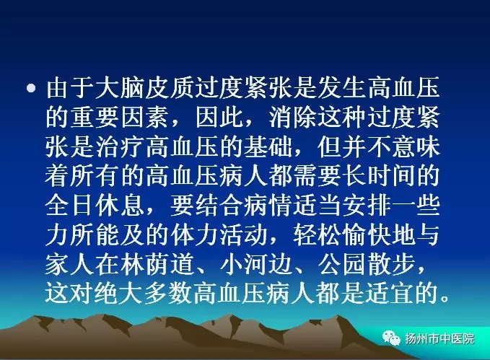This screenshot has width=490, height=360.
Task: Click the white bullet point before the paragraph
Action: pos(30,88)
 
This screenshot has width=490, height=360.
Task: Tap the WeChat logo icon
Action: pos(390,338)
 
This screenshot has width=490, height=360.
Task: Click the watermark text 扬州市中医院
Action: pos(439,338)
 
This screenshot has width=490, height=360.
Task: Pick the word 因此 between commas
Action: pos(219,118)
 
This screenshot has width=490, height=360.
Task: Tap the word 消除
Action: pos(293,118)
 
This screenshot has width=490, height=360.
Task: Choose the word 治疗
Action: pos(119,147)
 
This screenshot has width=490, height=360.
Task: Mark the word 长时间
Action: pos(380,176)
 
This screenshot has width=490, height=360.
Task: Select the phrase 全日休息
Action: pos(95,206)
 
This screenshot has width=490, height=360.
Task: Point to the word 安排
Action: pos(367,206)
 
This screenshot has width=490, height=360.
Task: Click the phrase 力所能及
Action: pos(95,234)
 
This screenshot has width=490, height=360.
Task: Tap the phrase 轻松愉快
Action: pos(342,234)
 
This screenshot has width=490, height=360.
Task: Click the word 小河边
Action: pos(255,263)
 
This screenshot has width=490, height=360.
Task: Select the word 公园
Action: pos(342,263)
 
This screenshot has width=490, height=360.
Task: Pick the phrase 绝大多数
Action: pos(144,293)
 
